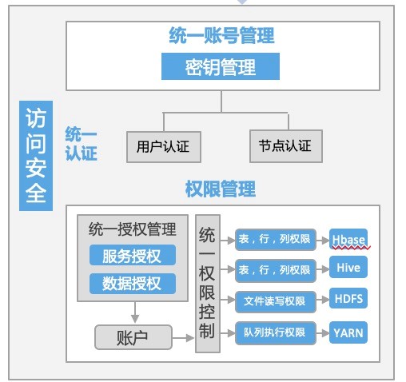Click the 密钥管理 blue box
coord(221,66)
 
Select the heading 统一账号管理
coord(221,35)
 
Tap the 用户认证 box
coord(164,146)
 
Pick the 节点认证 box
coord(286,145)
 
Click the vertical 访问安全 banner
coord(36,156)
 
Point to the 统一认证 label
coord(81,144)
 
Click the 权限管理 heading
coord(221,189)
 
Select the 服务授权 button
coord(133,255)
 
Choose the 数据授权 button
coord(133,284)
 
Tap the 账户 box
coord(133,337)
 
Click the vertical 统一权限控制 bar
coord(208,284)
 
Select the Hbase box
coord(348,239)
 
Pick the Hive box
coord(348,267)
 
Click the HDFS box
coord(348,298)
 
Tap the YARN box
coord(348,332)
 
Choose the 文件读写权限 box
coord(276,301)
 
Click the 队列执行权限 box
coord(276,332)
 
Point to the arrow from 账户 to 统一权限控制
coord(183,338)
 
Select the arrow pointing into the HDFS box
coord(323,300)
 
